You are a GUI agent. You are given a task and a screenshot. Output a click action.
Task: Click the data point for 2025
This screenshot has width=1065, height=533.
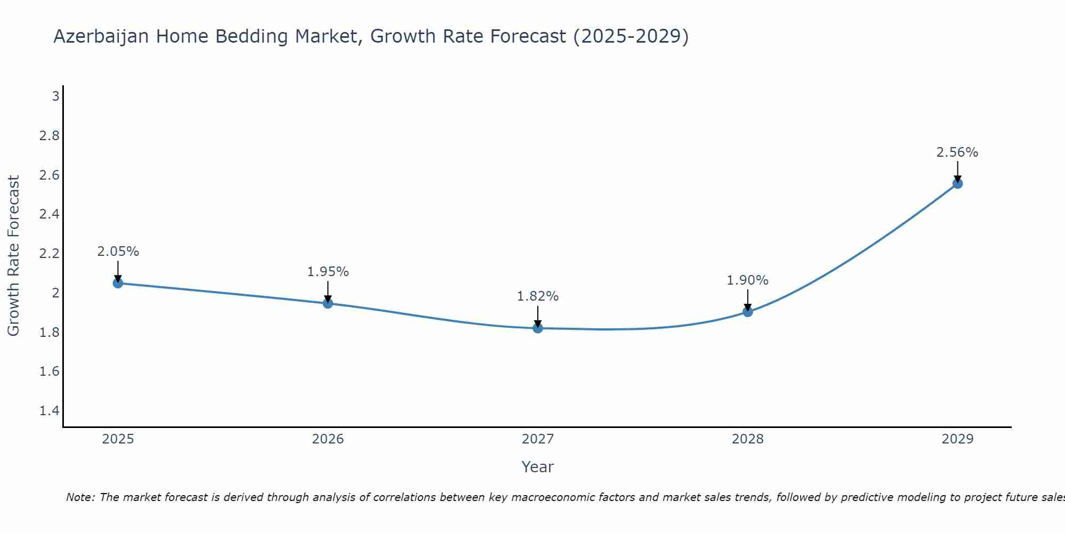[x=118, y=283]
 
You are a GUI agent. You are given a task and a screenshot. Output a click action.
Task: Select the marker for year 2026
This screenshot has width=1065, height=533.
[x=328, y=303]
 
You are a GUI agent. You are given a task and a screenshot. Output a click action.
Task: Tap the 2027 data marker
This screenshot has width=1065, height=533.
[x=538, y=328]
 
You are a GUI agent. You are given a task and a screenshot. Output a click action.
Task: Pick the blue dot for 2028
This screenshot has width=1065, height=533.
[x=748, y=312]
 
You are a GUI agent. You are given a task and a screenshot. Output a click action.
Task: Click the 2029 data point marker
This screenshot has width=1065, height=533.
[x=957, y=184]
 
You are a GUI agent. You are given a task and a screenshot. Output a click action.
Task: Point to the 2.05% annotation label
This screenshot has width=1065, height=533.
[x=118, y=252]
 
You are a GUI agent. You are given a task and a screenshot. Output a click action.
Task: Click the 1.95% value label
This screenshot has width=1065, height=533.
[x=328, y=272]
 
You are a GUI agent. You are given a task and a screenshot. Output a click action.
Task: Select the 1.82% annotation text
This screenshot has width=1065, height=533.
[x=538, y=296]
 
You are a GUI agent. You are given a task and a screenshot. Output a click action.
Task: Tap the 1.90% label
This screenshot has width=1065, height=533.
[x=748, y=280]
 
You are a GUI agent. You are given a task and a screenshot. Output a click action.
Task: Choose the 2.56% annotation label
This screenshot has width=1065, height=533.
[x=957, y=152]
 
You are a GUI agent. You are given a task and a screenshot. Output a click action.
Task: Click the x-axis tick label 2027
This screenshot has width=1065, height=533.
[x=538, y=439]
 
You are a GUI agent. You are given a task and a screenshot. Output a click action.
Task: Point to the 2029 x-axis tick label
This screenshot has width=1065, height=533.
[x=957, y=439]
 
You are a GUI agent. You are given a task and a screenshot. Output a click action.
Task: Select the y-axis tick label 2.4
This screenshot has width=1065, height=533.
[x=50, y=214]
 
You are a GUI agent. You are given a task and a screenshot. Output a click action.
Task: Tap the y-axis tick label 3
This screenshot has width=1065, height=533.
[x=55, y=96]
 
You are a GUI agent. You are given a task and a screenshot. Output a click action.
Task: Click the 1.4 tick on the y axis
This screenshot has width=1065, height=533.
[x=50, y=410]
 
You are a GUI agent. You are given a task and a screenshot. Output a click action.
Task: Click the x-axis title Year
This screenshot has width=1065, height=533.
[x=538, y=467]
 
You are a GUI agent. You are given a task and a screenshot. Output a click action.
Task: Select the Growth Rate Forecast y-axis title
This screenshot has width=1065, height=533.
[x=13, y=256]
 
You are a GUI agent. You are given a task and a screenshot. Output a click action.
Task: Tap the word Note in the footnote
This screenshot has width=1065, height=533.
[x=79, y=497]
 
